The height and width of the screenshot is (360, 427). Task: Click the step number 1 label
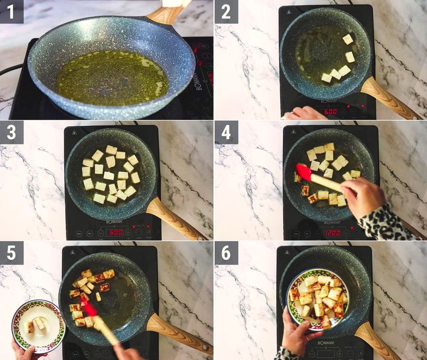(x=11, y=11)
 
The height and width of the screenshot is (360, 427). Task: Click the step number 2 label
(x=226, y=11)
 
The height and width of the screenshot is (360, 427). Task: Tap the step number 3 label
(x=11, y=132)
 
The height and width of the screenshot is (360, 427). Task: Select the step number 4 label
(x=226, y=132)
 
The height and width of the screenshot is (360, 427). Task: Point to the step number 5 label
(x=11, y=253)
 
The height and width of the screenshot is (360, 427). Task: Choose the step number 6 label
(x=226, y=253)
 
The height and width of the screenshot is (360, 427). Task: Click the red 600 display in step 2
(x=330, y=112)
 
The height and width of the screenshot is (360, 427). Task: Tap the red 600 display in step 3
(x=115, y=233)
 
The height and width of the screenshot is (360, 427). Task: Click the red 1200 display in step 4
(x=331, y=233)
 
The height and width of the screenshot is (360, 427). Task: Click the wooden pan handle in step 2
(x=388, y=98)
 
